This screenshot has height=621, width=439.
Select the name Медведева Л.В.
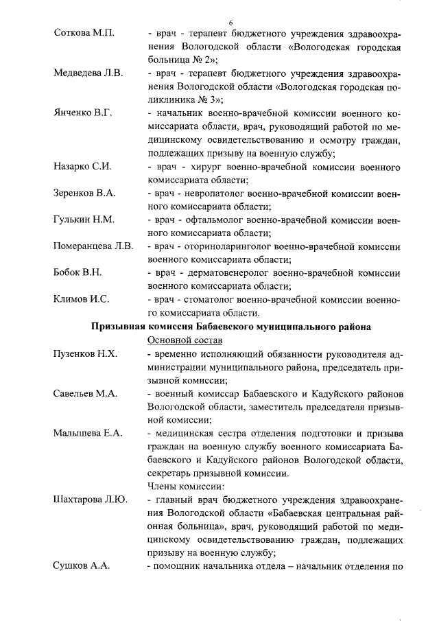88,73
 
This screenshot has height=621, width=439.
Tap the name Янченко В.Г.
84,113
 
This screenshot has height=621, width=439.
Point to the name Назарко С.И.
83,167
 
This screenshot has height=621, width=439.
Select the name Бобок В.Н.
78,273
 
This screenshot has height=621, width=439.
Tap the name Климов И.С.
82,299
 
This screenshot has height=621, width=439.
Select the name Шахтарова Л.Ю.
91,500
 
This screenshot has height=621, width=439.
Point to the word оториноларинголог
226,246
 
